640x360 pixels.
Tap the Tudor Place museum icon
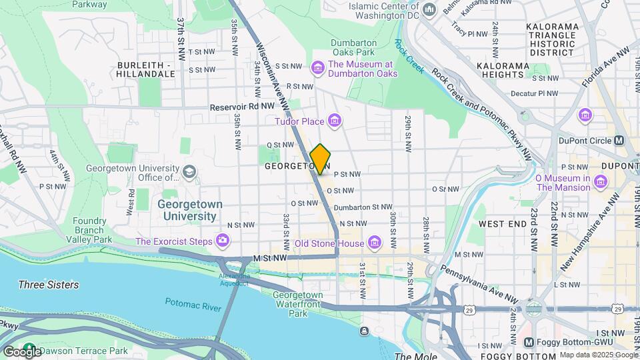pyautogui.click(x=335, y=121)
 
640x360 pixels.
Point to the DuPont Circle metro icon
pyautogui.click(x=619, y=141)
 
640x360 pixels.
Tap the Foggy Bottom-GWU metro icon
pyautogui.click(x=529, y=342)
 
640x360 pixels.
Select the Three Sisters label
pyautogui.click(x=49, y=285)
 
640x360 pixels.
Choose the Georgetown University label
pyautogui.click(x=187, y=210)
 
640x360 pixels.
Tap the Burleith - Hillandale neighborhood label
pyautogui.click(x=145, y=70)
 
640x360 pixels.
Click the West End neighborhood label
pyautogui.click(x=503, y=224)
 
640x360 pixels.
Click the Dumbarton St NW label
pyautogui.click(x=363, y=207)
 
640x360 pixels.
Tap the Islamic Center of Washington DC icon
pyautogui.click(x=429, y=9)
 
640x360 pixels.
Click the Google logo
pyautogui.click(x=21, y=351)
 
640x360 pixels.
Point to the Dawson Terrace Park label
pyautogui.click(x=83, y=351)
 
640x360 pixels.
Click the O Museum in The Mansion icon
pyautogui.click(x=601, y=182)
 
